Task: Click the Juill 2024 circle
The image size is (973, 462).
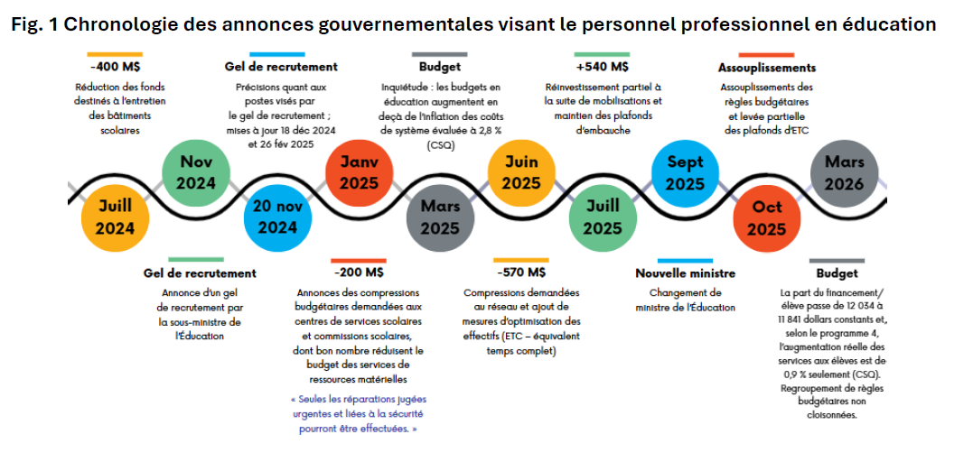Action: click(115, 217)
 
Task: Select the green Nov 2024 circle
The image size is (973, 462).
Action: click(196, 173)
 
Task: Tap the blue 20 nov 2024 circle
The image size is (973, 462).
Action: click(277, 217)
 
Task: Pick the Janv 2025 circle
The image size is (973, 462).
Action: click(359, 173)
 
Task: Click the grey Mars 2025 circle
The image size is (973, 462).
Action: click(440, 217)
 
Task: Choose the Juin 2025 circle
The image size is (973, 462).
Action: click(521, 173)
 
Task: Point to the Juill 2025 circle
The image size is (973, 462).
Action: click(603, 217)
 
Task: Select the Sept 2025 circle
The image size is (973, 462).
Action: click(685, 173)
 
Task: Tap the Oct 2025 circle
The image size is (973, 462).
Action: click(766, 217)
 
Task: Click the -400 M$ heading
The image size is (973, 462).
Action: click(115, 67)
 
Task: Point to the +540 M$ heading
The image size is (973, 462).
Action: click(602, 67)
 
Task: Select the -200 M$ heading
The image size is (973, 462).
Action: click(359, 272)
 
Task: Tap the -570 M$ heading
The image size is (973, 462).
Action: click(521, 272)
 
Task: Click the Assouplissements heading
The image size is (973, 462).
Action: click(766, 68)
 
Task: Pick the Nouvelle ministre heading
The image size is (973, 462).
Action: click(685, 273)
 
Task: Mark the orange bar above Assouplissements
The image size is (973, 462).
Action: click(766, 55)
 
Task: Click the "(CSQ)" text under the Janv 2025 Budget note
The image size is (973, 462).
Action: click(440, 144)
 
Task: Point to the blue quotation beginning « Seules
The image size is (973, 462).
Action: click(359, 413)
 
